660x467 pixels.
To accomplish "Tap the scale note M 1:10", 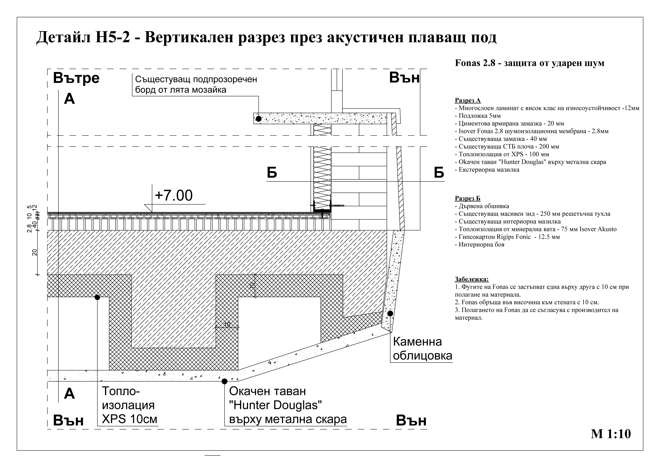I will click(611, 434).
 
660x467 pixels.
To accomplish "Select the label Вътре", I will click(76, 78).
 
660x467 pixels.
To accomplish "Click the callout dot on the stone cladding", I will click(390, 314).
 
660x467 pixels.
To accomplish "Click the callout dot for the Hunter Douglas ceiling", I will click(225, 381).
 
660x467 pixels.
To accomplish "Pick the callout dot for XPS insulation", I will click(97, 297).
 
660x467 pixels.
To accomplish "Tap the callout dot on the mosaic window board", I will click(258, 118).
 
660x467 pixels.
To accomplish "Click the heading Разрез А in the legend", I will click(468, 100).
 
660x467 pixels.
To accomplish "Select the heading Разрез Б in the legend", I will click(467, 198).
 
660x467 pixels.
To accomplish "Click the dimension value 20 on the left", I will click(34, 252).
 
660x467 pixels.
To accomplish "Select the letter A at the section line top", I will click(69, 99).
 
